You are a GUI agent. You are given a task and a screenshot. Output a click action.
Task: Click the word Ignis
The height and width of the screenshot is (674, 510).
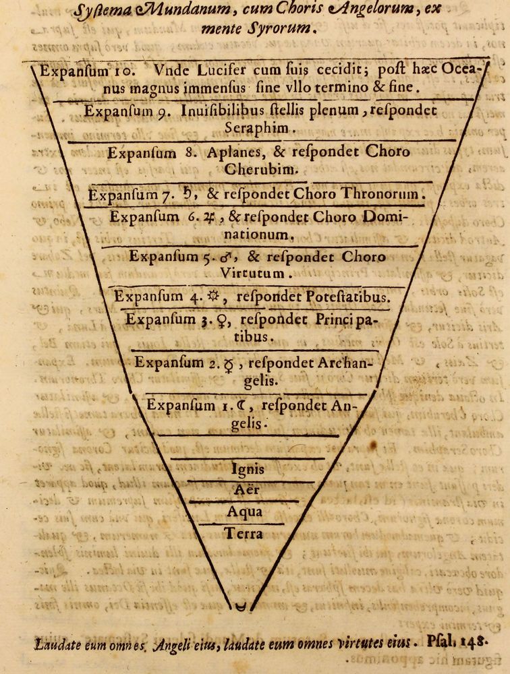[248, 469]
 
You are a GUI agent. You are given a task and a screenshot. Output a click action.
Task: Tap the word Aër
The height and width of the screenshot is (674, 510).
[246, 490]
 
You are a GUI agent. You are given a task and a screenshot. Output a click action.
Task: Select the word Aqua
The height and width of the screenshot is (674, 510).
[244, 512]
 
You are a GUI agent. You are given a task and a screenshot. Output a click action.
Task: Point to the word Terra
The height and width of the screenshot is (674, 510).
[244, 534]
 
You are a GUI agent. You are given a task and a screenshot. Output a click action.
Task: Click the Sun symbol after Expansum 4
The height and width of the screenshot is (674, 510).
[215, 297]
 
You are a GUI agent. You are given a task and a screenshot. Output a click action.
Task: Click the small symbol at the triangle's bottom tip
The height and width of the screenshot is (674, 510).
[238, 607]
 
